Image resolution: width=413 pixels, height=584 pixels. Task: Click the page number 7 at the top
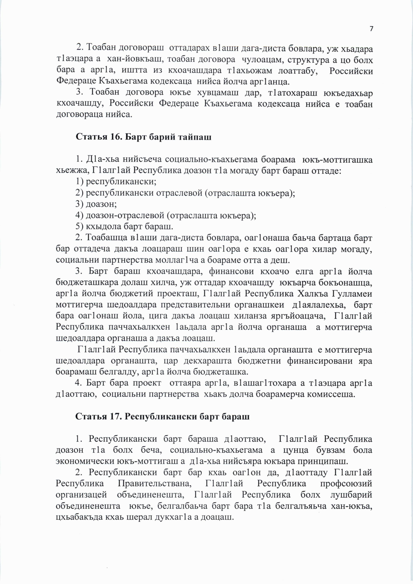[x=371, y=29]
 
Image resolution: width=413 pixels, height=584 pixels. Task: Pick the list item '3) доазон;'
[x=96, y=204]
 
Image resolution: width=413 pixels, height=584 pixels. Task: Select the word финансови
[x=223, y=272]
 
